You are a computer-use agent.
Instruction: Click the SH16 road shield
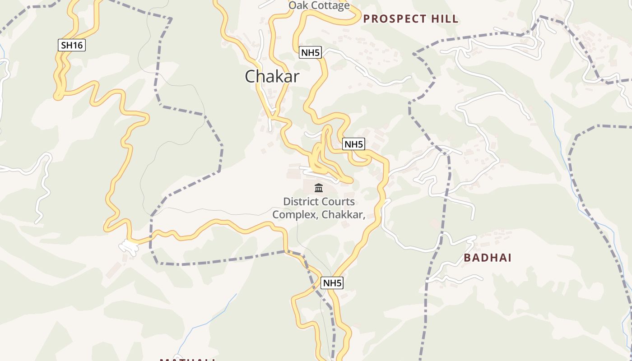72,45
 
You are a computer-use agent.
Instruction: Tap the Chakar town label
272,76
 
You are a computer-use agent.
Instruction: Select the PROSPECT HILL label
410,19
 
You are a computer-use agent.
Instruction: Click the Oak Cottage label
319,5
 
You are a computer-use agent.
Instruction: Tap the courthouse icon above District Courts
319,188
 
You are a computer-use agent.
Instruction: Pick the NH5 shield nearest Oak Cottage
310,53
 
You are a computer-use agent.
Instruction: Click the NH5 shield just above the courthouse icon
353,144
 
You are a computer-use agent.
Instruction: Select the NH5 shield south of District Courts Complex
332,283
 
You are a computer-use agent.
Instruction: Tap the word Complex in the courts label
295,214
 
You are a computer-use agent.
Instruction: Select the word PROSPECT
395,19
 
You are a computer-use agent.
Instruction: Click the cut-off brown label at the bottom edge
187,359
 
